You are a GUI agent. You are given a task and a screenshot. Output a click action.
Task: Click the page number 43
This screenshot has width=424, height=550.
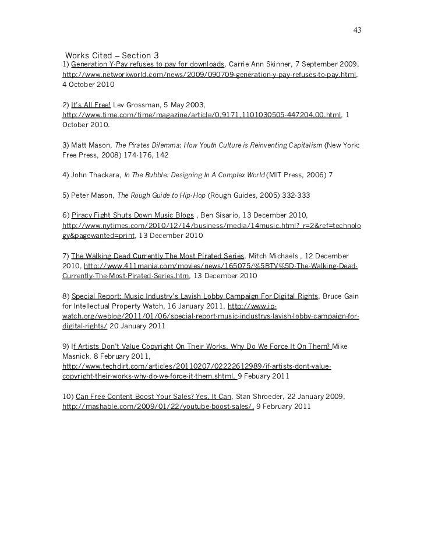pyautogui.click(x=357, y=30)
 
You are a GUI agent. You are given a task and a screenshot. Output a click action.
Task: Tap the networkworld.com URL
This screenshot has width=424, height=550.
pyautogui.click(x=209, y=75)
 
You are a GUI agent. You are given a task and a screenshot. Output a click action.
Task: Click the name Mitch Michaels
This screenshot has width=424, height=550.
pyautogui.click(x=273, y=256)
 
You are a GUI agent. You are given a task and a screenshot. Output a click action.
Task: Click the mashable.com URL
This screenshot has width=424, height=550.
pyautogui.click(x=157, y=407)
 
